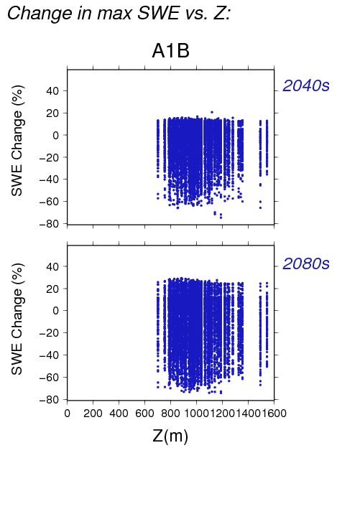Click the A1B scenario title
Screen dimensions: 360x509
(x=170, y=51)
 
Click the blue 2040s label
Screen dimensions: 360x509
(x=306, y=85)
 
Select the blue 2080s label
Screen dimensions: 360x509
(x=306, y=263)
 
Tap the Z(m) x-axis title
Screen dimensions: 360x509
(x=170, y=436)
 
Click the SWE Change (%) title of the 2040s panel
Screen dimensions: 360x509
(x=17, y=141)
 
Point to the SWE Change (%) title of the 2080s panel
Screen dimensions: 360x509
(x=17, y=319)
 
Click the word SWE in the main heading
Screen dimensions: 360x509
(x=158, y=14)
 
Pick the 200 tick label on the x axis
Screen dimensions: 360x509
(x=93, y=414)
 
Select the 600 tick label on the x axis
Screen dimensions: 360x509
(x=144, y=414)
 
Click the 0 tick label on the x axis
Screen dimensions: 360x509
(x=68, y=414)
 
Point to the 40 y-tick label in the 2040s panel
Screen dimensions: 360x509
(x=52, y=91)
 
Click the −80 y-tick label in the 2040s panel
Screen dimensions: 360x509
(x=49, y=224)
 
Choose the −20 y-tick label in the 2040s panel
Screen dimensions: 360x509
(x=49, y=157)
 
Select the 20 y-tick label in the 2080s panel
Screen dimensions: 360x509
(x=52, y=289)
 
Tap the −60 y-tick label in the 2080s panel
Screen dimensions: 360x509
(x=49, y=378)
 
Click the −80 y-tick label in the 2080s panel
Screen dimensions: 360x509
(x=49, y=400)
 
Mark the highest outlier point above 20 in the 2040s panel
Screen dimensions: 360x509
(x=212, y=112)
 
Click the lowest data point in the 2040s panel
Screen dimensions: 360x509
(x=221, y=218)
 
